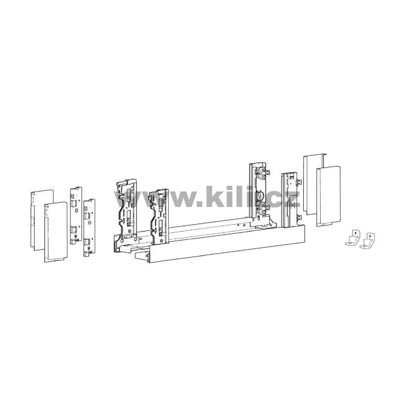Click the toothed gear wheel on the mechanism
tap(260, 196)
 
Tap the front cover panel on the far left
tap(56, 232)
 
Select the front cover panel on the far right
tap(328, 196)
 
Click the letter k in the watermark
tap(215, 197)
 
